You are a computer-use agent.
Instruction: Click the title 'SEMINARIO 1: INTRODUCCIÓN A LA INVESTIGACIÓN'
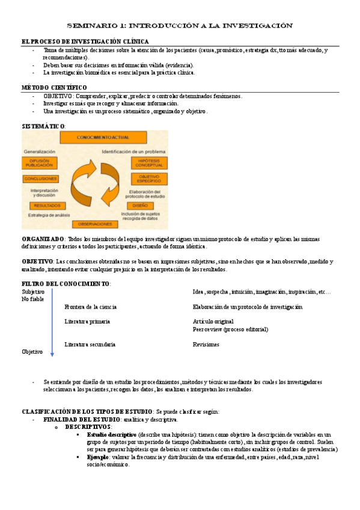[x=179, y=26]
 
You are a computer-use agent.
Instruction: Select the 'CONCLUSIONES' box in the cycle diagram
[x=41, y=179]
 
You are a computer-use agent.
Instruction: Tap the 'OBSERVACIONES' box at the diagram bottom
[x=95, y=224]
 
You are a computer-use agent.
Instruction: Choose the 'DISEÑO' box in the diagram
[x=140, y=206]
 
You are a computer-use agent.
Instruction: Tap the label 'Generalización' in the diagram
[x=40, y=152]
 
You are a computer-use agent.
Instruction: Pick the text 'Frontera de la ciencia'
[x=91, y=307]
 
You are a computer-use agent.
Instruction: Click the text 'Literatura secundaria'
[x=90, y=345]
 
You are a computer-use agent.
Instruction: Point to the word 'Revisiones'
[x=206, y=345]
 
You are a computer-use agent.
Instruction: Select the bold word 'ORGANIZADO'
[x=43, y=239]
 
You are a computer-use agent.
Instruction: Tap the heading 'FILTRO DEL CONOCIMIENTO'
[x=66, y=284]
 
